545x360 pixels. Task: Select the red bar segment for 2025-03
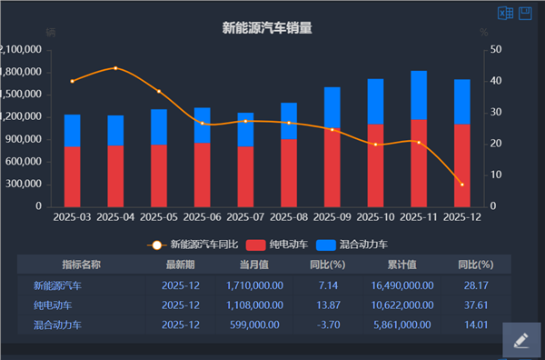[72, 176]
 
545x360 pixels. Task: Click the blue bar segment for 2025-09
[332, 107]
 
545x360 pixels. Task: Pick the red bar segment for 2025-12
[461, 165]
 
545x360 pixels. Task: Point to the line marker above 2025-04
[115, 68]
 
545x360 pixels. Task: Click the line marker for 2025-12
[461, 185]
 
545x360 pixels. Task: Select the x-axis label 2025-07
[245, 218]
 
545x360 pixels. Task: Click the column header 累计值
[401, 265]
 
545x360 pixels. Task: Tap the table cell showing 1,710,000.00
[254, 285]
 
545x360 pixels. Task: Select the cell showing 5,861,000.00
[402, 325]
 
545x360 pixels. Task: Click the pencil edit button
[520, 341]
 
